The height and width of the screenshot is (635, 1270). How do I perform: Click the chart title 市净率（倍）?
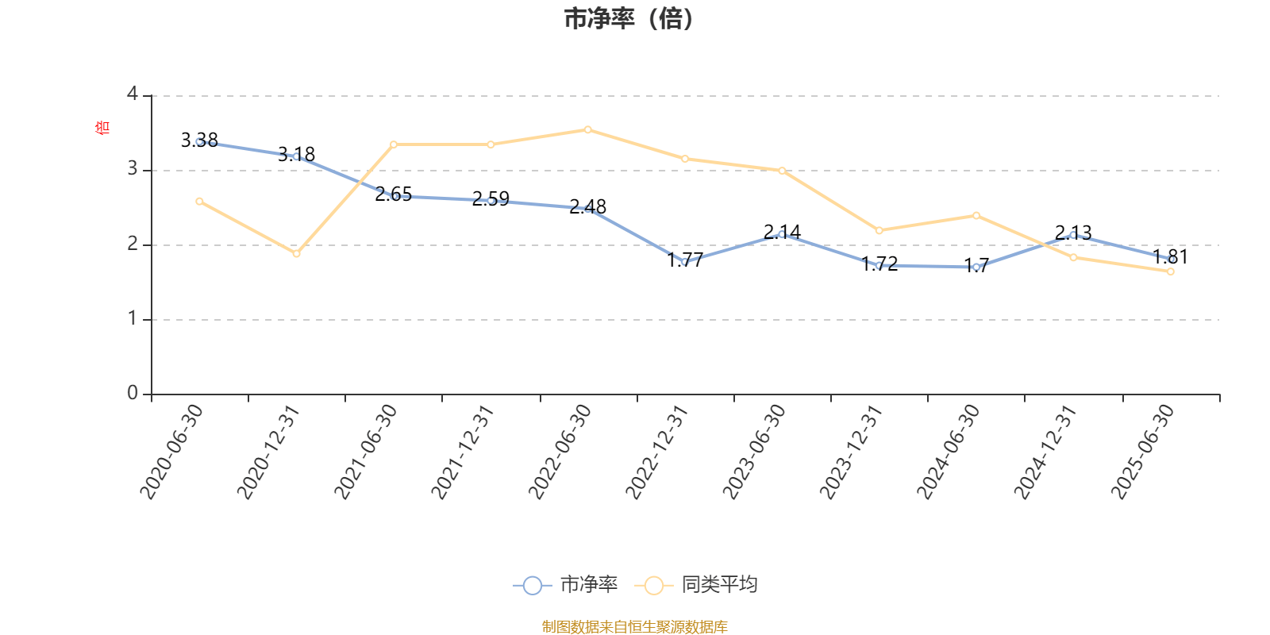click(629, 19)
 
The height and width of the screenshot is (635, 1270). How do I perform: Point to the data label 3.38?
click(199, 140)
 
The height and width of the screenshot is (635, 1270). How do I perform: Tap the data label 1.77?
click(685, 260)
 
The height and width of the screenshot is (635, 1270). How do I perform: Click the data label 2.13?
click(1073, 233)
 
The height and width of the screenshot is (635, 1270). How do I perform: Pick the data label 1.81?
click(1170, 256)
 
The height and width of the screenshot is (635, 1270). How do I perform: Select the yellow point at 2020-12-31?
click(296, 254)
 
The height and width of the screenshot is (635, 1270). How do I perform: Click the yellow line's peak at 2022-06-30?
click(587, 129)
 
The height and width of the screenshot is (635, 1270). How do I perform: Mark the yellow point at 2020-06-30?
click(199, 202)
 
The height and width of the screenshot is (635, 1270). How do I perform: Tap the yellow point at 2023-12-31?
click(879, 231)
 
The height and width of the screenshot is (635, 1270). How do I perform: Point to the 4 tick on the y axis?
click(133, 94)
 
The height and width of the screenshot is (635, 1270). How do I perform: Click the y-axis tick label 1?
click(133, 318)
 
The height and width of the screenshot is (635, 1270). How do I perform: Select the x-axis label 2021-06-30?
click(366, 451)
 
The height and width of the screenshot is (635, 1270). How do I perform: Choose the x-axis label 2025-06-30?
click(1142, 451)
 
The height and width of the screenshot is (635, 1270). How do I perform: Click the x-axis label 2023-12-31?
click(851, 451)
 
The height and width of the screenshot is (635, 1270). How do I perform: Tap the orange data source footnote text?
click(634, 627)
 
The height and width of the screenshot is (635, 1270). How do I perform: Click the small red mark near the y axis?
click(101, 127)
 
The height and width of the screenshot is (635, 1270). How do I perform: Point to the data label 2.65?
click(394, 194)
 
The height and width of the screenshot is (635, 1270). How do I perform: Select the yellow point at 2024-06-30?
click(976, 216)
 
